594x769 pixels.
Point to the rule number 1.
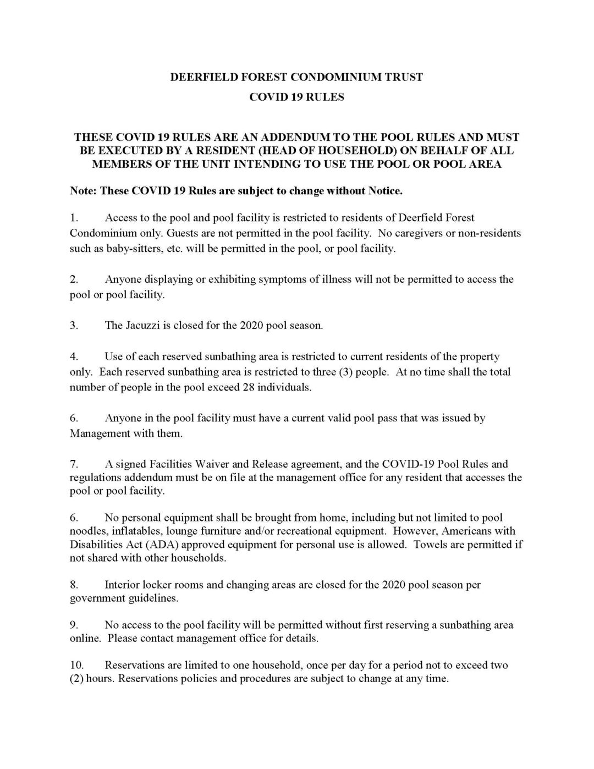coord(74,218)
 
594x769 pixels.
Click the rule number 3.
coord(74,325)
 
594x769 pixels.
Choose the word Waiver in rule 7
coord(220,464)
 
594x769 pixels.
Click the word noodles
coord(88,531)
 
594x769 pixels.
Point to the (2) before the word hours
coord(76,679)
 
